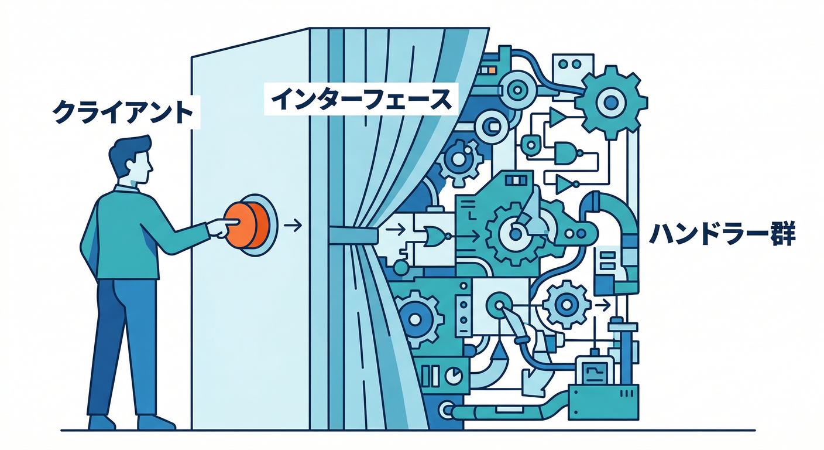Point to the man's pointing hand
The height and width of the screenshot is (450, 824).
click(222, 227)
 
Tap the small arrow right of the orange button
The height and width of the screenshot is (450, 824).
click(293, 224)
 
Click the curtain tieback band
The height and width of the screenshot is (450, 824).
click(353, 235)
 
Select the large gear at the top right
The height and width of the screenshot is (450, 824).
click(611, 102)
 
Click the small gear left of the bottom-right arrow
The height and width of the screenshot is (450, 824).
click(566, 305)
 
